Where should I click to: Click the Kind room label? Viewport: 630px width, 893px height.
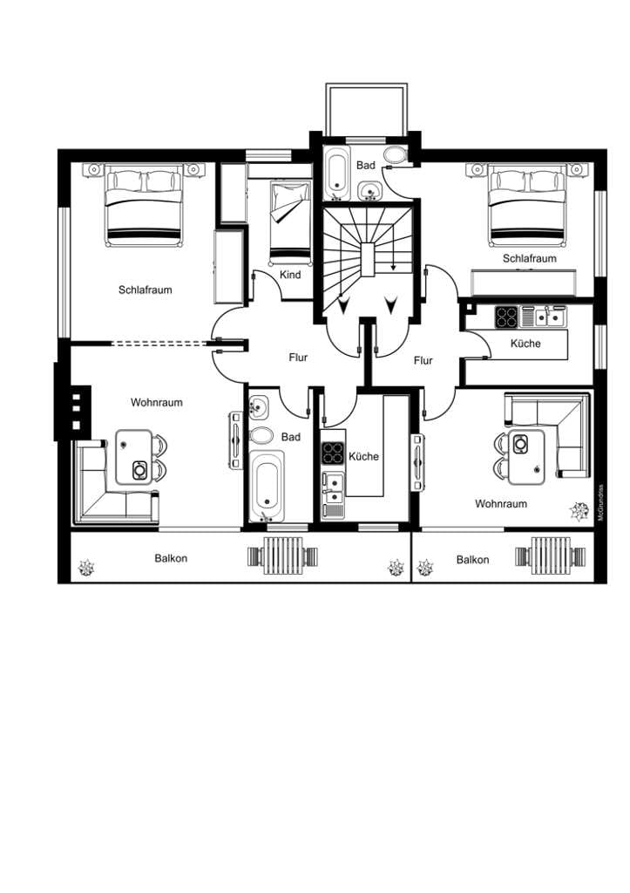pyautogui.click(x=290, y=275)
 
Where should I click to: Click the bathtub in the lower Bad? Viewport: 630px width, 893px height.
pyautogui.click(x=267, y=485)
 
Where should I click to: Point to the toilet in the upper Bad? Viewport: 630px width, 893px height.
pyautogui.click(x=394, y=154)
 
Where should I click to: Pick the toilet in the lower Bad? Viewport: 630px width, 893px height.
pyautogui.click(x=261, y=436)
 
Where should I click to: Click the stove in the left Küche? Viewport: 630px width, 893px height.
pyautogui.click(x=333, y=453)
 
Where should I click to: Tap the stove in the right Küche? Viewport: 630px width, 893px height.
pyautogui.click(x=506, y=317)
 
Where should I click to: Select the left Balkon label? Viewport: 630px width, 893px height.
pyautogui.click(x=171, y=558)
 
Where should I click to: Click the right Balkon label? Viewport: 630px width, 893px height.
pyautogui.click(x=472, y=560)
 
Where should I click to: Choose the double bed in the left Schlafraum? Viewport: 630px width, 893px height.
pyautogui.click(x=144, y=206)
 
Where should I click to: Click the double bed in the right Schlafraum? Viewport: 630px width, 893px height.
pyautogui.click(x=528, y=206)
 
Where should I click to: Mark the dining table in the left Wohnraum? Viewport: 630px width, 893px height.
pyautogui.click(x=134, y=457)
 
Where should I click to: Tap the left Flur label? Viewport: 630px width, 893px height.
pyautogui.click(x=298, y=358)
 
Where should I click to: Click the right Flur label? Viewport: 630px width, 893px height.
pyautogui.click(x=423, y=360)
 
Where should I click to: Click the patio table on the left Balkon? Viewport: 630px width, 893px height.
pyautogui.click(x=283, y=556)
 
